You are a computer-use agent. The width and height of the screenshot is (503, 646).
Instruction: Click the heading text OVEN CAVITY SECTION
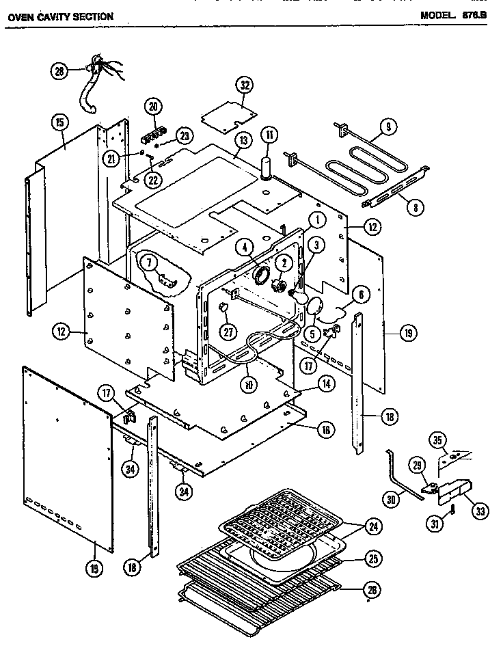59,16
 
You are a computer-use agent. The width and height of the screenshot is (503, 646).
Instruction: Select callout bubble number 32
244,85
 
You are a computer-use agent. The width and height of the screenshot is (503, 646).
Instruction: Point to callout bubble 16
325,429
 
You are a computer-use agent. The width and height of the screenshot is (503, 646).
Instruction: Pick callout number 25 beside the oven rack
373,561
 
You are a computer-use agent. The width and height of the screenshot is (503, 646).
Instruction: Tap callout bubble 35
439,439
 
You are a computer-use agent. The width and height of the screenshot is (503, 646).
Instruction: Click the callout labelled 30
392,500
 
